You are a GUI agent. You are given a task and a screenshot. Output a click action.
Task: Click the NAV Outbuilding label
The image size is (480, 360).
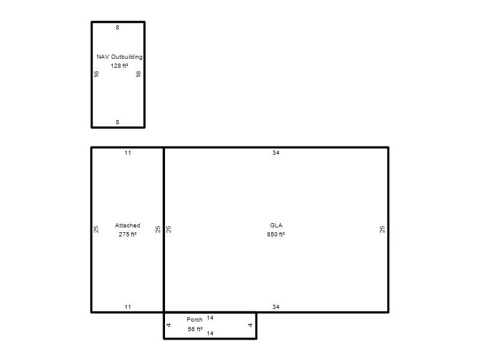coord(119,57)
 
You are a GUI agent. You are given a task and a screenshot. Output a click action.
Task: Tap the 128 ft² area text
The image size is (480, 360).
coord(119,66)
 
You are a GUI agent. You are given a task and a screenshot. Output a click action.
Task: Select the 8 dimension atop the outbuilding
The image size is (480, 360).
coord(117,28)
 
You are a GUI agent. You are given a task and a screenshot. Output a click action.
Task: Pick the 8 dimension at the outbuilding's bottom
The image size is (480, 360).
coord(117,122)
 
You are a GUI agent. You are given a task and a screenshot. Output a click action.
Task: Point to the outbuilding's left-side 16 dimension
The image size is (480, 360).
coord(97,74)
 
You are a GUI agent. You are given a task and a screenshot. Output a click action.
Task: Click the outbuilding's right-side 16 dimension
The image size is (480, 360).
coord(139,74)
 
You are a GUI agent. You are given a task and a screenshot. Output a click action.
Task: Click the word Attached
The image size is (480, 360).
coord(127,226)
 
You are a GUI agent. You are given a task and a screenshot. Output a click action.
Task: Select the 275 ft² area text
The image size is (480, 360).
coord(128,235)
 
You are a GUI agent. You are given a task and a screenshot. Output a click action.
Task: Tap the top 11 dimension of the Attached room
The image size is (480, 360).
coord(128,153)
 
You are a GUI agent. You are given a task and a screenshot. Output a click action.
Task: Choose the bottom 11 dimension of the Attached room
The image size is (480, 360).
coord(128,307)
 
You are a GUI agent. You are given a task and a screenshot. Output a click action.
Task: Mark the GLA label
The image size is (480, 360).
coord(276,226)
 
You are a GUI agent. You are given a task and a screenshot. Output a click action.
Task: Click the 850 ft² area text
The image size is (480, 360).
coord(276,235)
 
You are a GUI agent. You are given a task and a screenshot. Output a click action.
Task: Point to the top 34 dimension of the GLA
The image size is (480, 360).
coord(276,153)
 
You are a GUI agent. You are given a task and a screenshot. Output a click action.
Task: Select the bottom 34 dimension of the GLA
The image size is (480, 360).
coord(276,307)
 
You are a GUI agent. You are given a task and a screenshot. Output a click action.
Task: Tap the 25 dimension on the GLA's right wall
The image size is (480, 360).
coord(382,230)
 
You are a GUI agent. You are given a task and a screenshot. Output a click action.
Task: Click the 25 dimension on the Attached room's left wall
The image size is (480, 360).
coord(96,230)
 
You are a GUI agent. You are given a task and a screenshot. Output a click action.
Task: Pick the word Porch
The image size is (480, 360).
coord(194,320)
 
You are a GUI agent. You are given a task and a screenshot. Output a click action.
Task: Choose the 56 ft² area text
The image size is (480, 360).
coord(195,329)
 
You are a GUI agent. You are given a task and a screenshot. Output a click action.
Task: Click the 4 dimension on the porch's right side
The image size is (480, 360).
coord(250,325)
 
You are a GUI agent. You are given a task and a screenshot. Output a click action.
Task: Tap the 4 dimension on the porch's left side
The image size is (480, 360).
coord(169,325)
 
